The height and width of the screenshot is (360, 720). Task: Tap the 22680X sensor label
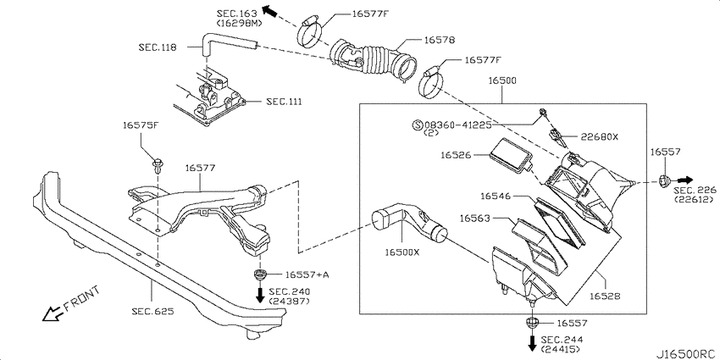600,137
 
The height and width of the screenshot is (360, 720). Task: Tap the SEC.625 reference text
152,312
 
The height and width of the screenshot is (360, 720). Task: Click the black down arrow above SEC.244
532,342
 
